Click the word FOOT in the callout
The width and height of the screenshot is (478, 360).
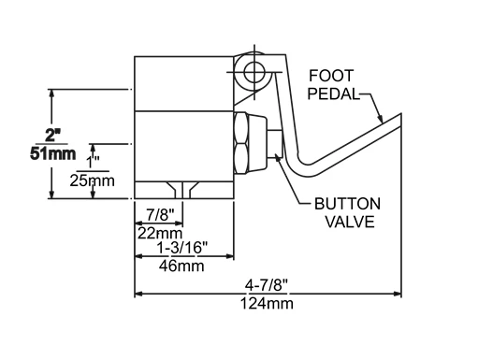[331, 76]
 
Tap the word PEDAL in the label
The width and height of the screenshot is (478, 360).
[334, 94]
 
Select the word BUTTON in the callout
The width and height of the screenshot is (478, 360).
[347, 204]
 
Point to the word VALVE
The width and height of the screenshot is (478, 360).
[350, 222]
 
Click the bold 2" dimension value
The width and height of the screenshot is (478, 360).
[52, 136]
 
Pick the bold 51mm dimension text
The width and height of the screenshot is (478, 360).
[53, 153]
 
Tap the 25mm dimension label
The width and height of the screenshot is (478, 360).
[93, 180]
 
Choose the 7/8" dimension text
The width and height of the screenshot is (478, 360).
[160, 215]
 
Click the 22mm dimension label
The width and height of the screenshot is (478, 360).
[160, 233]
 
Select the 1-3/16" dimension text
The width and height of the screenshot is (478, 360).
[182, 248]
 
